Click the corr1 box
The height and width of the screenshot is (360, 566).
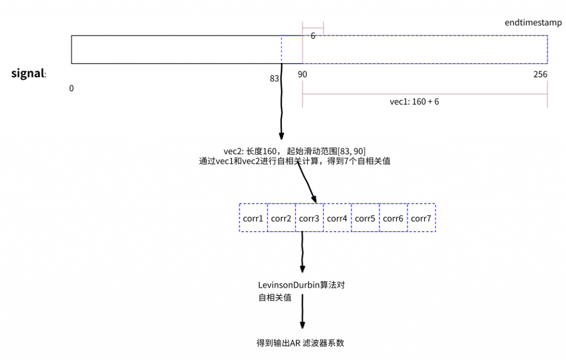coord(253,218)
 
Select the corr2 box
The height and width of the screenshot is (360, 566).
coord(281,218)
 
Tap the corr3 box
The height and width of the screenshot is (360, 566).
coord(310,218)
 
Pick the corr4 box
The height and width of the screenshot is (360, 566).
coord(337,218)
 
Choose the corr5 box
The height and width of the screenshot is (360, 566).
coord(365,218)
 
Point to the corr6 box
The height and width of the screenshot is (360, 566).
coord(393,218)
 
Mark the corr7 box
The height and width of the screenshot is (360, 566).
coord(421,218)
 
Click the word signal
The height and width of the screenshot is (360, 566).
coord(28,74)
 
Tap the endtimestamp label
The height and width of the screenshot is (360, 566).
coord(533,23)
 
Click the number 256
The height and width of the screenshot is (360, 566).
coord(541,75)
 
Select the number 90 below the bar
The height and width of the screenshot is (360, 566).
coord(302,75)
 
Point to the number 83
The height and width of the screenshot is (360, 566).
coord(274,79)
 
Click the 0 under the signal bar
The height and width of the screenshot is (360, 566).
coord(71,88)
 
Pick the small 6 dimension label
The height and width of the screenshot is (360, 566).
coord(313,36)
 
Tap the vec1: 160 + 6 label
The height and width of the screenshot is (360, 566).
coord(415,102)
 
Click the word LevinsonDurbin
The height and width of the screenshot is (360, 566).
coord(289,285)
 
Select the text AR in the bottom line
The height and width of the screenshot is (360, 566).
coord(295,343)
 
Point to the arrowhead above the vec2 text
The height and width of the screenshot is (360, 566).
coord(281,136)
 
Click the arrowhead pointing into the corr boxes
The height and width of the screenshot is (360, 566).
coord(314,199)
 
